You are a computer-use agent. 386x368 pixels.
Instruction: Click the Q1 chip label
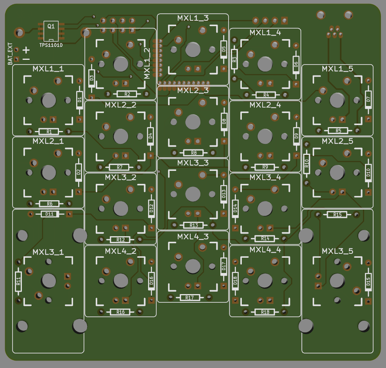[x=51, y=26]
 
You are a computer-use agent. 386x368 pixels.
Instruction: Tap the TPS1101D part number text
[x=51, y=45]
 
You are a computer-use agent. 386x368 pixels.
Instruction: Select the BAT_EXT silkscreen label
[x=11, y=54]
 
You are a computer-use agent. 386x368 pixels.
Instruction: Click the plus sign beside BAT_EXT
[x=26, y=50]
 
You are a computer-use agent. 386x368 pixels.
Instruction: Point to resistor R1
[x=49, y=131]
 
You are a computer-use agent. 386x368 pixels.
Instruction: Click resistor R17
[x=190, y=298]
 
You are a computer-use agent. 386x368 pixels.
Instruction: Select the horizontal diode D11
[x=50, y=214]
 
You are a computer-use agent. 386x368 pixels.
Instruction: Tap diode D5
[x=223, y=50]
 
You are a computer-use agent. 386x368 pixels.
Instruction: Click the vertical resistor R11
[x=18, y=281]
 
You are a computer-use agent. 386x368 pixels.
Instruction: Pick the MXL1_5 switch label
[x=337, y=69]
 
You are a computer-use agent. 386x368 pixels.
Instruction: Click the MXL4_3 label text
[x=193, y=237]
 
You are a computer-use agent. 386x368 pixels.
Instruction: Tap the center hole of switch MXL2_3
[x=193, y=121]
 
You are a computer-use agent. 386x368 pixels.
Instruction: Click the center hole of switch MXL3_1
[x=49, y=280]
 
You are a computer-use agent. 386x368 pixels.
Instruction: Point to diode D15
[x=368, y=281]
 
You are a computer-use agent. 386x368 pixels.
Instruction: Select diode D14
[x=235, y=208]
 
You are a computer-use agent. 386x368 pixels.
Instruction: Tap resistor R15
[x=338, y=215]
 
